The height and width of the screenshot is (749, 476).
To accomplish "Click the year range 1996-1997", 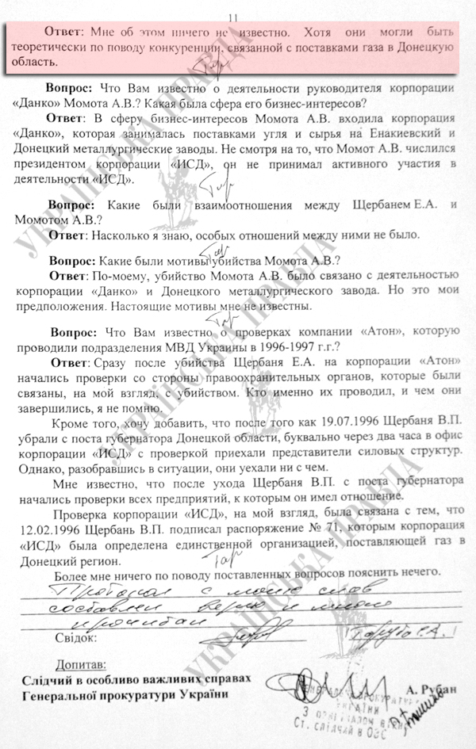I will pos(292,346).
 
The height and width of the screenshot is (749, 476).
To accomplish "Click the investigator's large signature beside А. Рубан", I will pos(317,683).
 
